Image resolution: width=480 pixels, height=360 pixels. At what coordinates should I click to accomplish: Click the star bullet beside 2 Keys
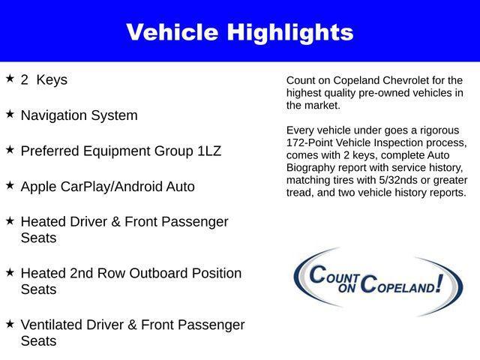tap(10, 78)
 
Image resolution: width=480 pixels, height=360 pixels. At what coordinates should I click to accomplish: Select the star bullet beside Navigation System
tap(10, 114)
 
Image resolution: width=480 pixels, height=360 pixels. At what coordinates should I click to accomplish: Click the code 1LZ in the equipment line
tap(209, 151)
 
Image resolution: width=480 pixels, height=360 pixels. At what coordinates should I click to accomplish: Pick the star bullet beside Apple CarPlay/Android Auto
tap(10, 184)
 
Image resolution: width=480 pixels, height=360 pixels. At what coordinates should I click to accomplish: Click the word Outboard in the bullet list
tap(157, 273)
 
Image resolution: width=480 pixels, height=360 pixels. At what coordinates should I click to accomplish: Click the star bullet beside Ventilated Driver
tap(10, 323)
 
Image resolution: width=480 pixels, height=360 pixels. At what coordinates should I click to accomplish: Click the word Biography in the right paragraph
tap(313, 167)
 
